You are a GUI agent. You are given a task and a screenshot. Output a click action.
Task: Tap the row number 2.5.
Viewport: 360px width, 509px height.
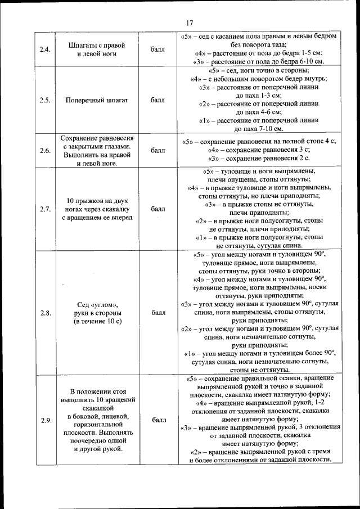point(46,100)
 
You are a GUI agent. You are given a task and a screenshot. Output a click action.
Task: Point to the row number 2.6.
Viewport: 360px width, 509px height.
point(46,151)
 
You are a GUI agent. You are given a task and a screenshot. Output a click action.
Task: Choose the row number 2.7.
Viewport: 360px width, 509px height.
point(46,209)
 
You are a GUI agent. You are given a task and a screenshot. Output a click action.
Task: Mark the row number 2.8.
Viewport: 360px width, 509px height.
point(46,313)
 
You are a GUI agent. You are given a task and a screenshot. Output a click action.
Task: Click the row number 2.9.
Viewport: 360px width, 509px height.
point(46,420)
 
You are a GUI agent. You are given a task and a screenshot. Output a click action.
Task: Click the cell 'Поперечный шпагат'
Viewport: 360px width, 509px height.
point(97,100)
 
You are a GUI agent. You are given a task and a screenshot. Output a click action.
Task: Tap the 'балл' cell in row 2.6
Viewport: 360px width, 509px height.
point(158,151)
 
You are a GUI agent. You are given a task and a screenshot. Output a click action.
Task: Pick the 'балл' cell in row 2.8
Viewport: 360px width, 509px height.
point(158,313)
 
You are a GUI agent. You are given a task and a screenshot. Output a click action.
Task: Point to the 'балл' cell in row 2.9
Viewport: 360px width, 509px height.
point(158,420)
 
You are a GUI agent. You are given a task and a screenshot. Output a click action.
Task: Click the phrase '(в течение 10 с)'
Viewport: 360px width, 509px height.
point(97,321)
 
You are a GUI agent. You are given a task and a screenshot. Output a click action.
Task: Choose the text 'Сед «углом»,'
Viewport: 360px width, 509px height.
point(97,305)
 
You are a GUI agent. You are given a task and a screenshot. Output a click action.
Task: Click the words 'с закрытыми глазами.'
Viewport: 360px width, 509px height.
point(97,146)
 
